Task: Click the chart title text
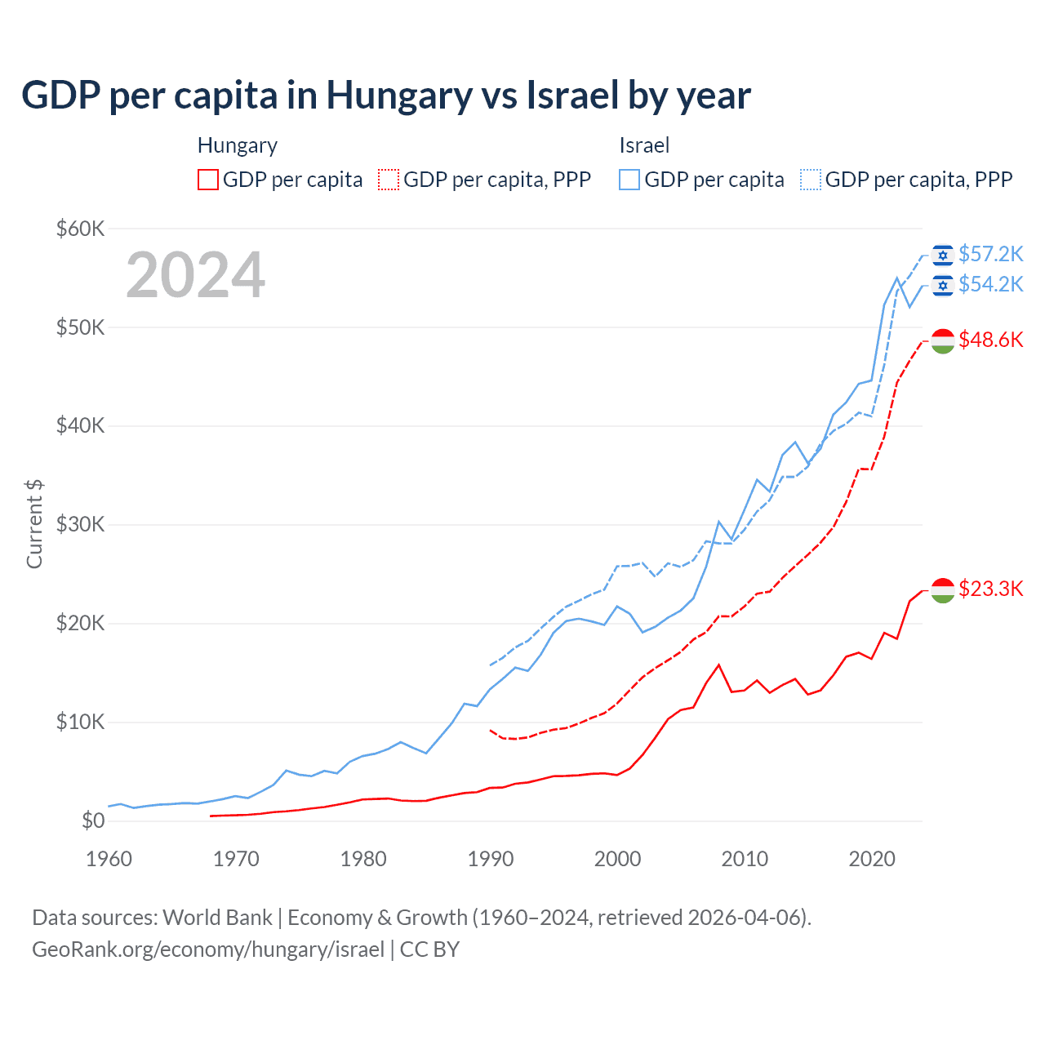385,96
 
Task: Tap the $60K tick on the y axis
80,229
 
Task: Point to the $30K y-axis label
80,524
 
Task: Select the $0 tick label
93,820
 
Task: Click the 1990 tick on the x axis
491,859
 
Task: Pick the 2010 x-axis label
745,859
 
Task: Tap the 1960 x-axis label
109,859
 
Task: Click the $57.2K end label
990,255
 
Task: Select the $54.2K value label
990,284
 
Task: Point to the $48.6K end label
990,340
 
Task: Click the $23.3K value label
990,589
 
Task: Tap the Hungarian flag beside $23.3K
943,590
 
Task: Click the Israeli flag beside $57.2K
943,256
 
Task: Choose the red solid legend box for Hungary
208,180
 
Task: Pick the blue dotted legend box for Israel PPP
811,180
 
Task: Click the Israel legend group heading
644,145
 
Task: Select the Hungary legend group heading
238,145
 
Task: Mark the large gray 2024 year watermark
196,275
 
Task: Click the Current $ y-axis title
34,523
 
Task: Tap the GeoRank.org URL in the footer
208,949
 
